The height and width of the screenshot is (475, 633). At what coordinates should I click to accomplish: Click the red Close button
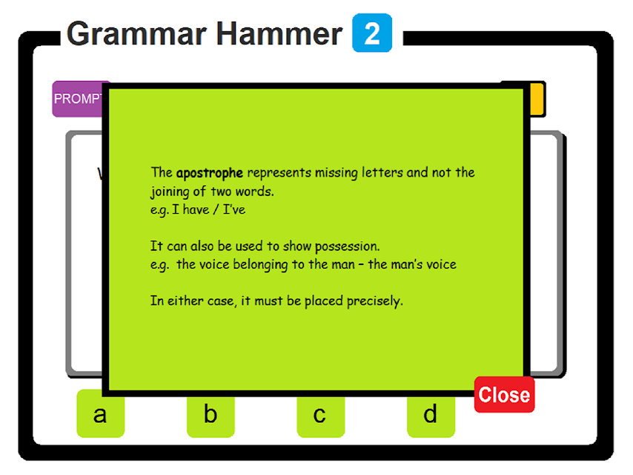pyautogui.click(x=504, y=395)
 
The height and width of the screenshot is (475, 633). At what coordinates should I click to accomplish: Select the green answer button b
pyautogui.click(x=211, y=416)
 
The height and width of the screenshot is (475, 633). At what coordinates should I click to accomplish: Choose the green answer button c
pyautogui.click(x=320, y=416)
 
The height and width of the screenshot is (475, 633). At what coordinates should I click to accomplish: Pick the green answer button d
pyautogui.click(x=431, y=416)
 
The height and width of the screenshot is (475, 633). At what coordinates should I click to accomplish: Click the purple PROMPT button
pyautogui.click(x=78, y=99)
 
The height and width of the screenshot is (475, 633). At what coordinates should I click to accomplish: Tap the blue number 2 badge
pyautogui.click(x=372, y=33)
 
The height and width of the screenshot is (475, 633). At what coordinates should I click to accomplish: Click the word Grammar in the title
pyautogui.click(x=137, y=34)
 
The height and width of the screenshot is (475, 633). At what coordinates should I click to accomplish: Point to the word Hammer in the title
pyautogui.click(x=279, y=34)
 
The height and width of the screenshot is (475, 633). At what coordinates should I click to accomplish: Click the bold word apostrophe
pyautogui.click(x=210, y=173)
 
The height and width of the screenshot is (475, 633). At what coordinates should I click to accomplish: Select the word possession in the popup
pyautogui.click(x=347, y=246)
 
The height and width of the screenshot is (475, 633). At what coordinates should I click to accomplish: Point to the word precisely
pyautogui.click(x=374, y=301)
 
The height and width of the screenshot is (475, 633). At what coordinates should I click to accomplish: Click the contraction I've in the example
pyautogui.click(x=234, y=209)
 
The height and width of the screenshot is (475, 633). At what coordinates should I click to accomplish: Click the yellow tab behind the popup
pyautogui.click(x=537, y=99)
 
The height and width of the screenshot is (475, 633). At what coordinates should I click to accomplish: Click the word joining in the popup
pyautogui.click(x=170, y=191)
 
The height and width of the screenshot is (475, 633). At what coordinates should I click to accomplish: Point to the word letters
pyautogui.click(x=382, y=173)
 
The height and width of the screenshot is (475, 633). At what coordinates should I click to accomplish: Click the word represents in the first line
pyautogui.click(x=279, y=174)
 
